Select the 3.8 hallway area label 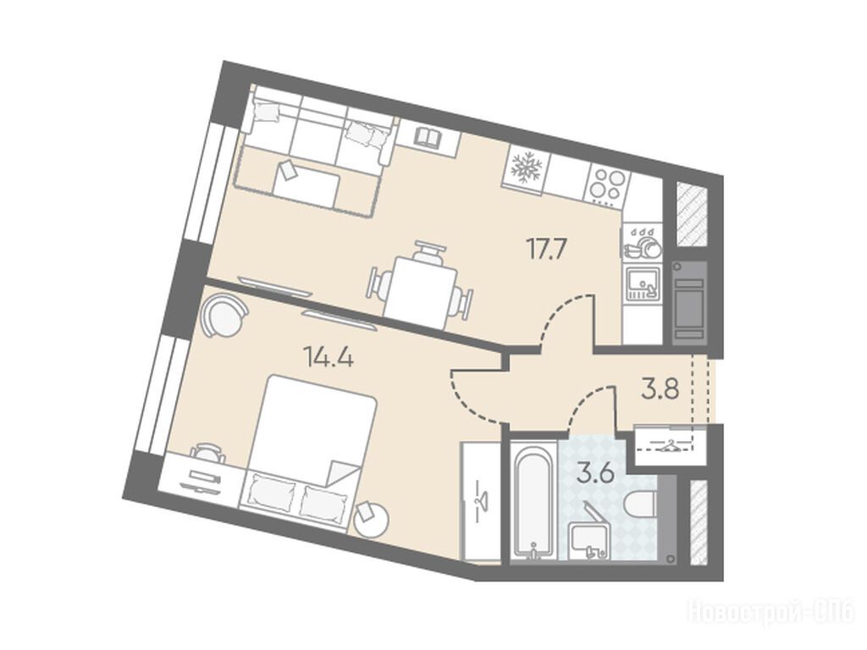[x=660, y=389]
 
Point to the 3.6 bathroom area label [x=595, y=474]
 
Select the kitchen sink [x=643, y=283]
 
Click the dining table [x=422, y=292]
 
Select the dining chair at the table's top [x=428, y=252]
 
